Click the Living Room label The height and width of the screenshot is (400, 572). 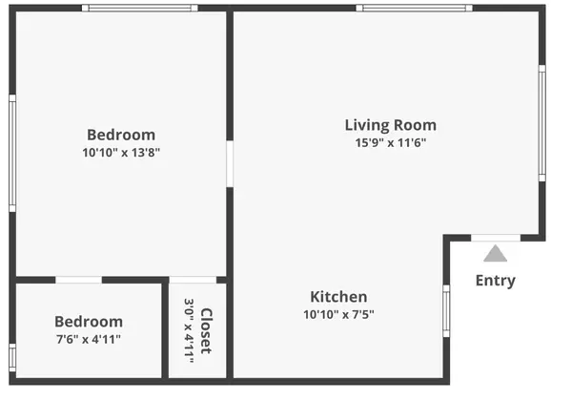click(x=390, y=125)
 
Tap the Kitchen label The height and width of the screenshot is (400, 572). click(x=338, y=297)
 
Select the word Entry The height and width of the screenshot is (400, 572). click(x=495, y=281)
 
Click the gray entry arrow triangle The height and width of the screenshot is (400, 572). click(x=495, y=254)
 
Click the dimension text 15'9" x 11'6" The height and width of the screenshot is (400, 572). click(x=390, y=143)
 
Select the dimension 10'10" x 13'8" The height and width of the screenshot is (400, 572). click(x=121, y=152)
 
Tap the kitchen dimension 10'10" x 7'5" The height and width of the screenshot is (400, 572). click(x=338, y=314)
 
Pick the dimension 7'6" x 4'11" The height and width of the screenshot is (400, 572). click(x=88, y=339)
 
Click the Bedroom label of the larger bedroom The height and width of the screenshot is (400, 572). click(x=121, y=135)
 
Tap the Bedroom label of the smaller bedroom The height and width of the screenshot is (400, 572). click(x=88, y=322)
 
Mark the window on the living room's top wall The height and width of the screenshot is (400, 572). click(x=414, y=9)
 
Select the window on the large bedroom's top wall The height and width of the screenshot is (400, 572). click(x=139, y=9)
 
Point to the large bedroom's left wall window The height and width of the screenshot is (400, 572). click(x=12, y=153)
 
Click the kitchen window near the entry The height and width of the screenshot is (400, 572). click(x=445, y=310)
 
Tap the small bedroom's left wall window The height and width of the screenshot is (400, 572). click(x=12, y=357)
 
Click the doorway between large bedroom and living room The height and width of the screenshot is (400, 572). click(x=230, y=164)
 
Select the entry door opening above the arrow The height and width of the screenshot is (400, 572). click(x=496, y=238)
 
